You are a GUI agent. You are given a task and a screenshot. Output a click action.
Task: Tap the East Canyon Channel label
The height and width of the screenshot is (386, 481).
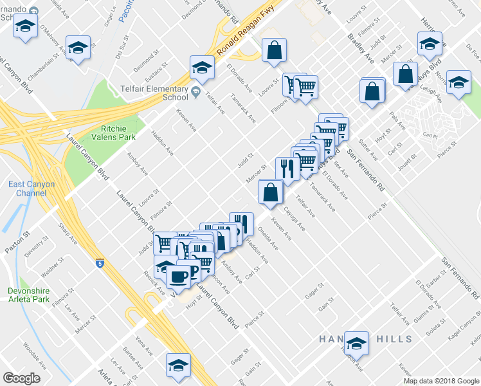pyautogui.click(x=32, y=188)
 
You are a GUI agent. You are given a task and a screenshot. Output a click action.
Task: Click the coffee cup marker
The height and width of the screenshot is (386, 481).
pyautogui.click(x=178, y=276)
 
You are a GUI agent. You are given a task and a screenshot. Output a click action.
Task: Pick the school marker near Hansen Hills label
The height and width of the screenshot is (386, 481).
pyautogui.click(x=356, y=344)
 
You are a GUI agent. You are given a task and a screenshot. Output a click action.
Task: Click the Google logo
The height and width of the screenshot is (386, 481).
pyautogui.click(x=21, y=378)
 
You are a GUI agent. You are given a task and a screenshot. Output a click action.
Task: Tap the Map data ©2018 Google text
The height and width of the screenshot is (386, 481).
pyautogui.click(x=441, y=381)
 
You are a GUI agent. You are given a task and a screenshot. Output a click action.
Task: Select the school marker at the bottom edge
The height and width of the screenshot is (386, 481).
pyautogui.click(x=179, y=365)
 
